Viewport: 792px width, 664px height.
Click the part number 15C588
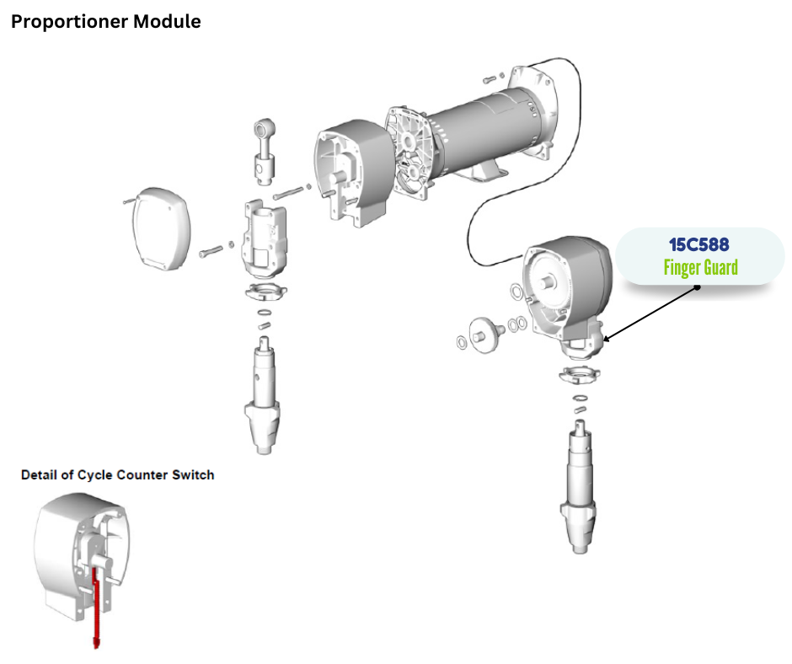[700, 245]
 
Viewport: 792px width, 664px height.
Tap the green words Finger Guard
[700, 269]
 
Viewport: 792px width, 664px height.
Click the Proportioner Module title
[105, 22]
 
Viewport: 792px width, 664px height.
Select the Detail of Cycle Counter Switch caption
[117, 475]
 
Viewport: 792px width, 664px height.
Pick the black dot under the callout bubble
[698, 286]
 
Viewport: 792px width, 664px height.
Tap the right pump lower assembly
[577, 489]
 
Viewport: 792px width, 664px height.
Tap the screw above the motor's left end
[491, 80]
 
